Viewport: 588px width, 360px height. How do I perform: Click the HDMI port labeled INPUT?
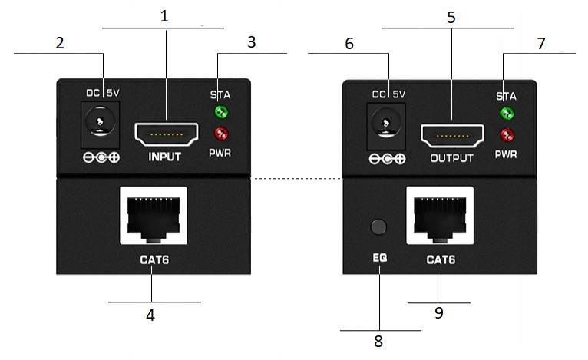(166, 134)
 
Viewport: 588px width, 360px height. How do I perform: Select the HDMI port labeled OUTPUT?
(452, 136)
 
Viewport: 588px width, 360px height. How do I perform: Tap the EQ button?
(378, 226)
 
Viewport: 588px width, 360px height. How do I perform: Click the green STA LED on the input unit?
(221, 111)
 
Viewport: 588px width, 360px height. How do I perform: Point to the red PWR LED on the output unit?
(507, 135)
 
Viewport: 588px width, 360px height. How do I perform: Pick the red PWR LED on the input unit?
(221, 133)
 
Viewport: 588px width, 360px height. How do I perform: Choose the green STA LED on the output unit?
(507, 114)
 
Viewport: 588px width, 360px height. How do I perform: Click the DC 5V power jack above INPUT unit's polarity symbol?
(100, 124)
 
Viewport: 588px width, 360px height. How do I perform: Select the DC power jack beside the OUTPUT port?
(386, 127)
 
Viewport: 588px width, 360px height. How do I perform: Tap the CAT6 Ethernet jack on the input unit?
(154, 216)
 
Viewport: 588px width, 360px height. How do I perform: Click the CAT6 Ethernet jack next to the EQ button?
(440, 216)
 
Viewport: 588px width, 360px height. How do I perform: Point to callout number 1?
(164, 16)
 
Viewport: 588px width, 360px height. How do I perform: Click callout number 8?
(378, 342)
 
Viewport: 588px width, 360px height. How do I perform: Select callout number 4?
(150, 315)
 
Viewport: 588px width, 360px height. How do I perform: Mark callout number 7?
(540, 44)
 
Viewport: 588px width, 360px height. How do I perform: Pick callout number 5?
(451, 17)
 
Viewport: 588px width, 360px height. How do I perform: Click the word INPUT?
(164, 157)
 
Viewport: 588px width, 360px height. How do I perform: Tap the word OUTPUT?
(452, 158)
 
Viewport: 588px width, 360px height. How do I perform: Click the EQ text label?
(379, 258)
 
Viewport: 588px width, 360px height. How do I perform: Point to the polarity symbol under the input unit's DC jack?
(101, 158)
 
